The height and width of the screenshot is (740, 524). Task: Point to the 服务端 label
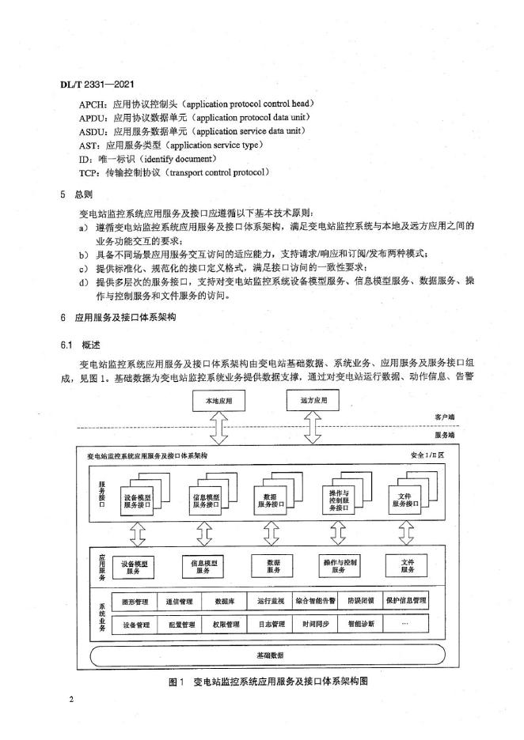446,434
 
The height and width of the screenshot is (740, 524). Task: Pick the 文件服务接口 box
407,500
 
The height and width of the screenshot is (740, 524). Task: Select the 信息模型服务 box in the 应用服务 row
204,565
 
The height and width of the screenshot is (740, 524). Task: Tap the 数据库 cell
226,601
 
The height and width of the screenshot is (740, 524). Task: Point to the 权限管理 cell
226,624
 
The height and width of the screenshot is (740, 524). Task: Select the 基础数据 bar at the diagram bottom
265,655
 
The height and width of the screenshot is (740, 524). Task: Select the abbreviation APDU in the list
94,117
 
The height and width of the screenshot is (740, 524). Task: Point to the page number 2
71,701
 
